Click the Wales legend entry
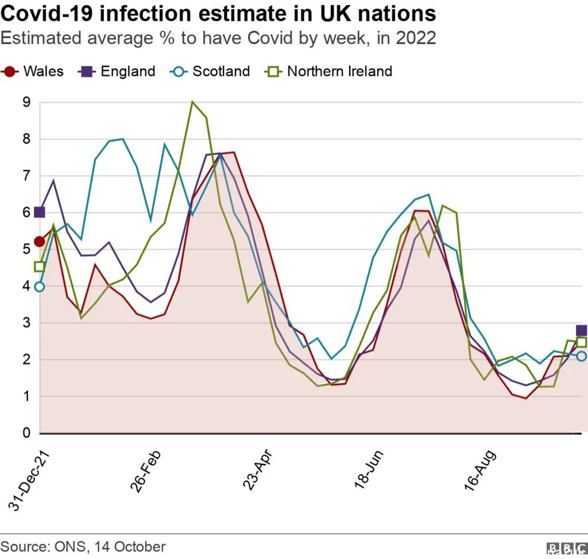(32, 71)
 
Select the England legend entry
(116, 71)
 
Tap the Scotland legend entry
(210, 71)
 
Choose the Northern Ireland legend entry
(328, 71)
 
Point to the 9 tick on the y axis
(26, 102)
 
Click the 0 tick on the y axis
(26, 433)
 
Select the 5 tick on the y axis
(26, 249)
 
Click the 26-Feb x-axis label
(145, 471)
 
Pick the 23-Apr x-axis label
(257, 470)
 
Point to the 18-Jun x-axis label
(369, 470)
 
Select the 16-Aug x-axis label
(480, 471)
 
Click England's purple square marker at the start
(40, 212)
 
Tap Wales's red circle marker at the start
(40, 242)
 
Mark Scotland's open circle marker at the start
(40, 287)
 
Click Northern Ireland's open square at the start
(40, 267)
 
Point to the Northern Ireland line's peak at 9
(192, 102)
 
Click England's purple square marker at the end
(581, 331)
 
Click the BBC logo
(567, 548)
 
